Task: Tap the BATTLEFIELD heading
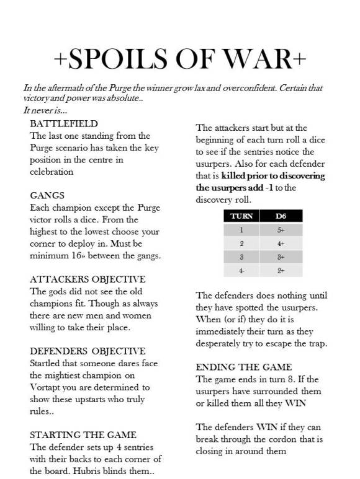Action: tap(63, 124)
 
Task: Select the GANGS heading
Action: tap(47, 195)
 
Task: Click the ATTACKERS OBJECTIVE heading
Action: tap(88, 279)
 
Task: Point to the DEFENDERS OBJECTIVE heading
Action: tap(88, 351)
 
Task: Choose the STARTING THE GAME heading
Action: tap(83, 434)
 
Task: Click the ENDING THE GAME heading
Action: tap(244, 367)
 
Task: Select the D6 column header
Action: tap(281, 216)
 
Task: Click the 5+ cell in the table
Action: tap(281, 230)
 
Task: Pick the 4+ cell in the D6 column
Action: tap(281, 244)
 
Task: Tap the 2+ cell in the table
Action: tap(281, 271)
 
